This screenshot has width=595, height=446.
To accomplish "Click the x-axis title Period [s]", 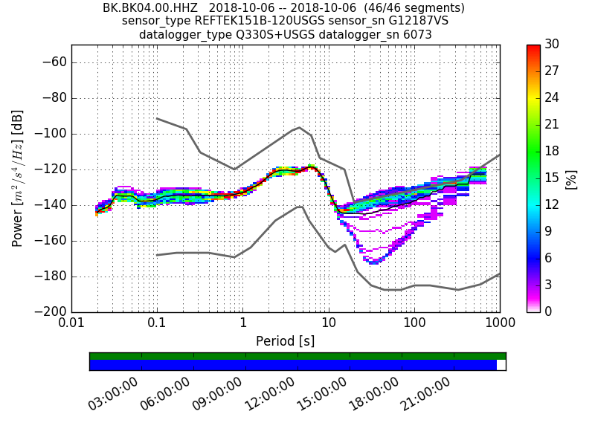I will point(286,341).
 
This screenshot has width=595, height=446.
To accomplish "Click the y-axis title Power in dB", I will point(18,178).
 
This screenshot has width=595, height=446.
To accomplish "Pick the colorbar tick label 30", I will point(551,45).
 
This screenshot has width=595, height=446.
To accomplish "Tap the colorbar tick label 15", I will point(551,178).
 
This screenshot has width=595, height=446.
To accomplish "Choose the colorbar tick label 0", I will point(548,311).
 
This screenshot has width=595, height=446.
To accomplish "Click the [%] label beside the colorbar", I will point(571,178).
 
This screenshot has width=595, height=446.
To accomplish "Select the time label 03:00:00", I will point(113,393).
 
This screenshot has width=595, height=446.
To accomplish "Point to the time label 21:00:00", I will point(425,393).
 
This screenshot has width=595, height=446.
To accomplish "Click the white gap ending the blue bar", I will point(501,365).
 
